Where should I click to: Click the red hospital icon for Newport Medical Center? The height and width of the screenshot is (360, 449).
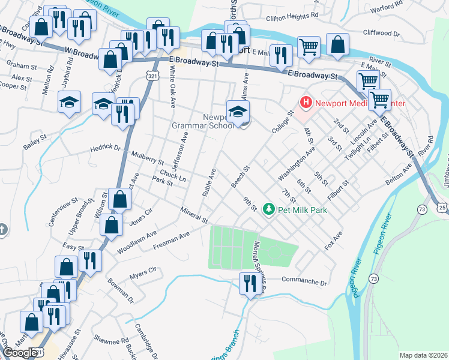point(307,103)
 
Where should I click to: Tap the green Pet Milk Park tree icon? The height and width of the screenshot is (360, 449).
point(270,209)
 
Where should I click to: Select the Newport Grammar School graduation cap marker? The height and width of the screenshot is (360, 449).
point(238,111)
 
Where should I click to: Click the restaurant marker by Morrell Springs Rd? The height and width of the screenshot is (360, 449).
point(249,283)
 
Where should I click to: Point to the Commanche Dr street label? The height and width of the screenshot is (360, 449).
point(305,281)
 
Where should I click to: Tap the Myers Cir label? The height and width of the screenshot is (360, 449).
point(142,275)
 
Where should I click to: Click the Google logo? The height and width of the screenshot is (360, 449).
point(20,353)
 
